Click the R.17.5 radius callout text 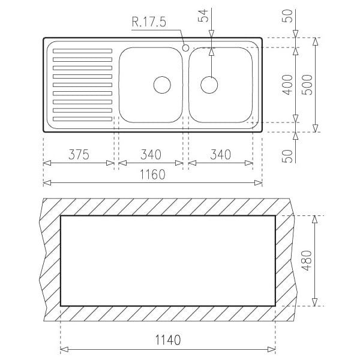[x=149, y=22]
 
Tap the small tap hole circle [x=185, y=48]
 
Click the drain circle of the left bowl [x=162, y=85]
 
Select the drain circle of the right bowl [x=209, y=85]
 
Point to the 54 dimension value [x=203, y=16]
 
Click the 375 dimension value [x=79, y=155]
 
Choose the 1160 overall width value [x=152, y=174]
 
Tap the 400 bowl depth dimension [x=287, y=85]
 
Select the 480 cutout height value [x=307, y=260]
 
